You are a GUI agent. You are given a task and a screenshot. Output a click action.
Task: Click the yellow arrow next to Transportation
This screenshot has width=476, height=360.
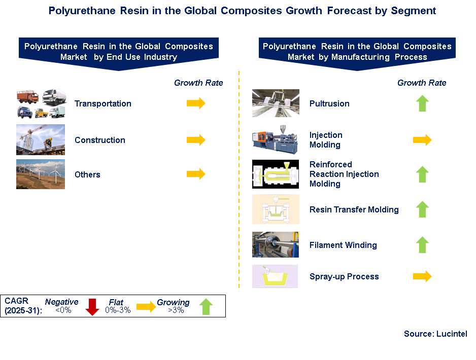[196, 103]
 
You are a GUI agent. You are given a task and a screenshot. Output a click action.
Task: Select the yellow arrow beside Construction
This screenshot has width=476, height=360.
[196, 140]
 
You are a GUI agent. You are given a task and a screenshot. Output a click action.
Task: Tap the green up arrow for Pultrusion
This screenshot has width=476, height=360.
[422, 103]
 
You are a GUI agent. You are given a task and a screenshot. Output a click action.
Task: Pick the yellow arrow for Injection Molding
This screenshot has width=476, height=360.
[422, 140]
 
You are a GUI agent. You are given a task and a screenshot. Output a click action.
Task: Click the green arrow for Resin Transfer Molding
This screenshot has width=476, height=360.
[422, 209]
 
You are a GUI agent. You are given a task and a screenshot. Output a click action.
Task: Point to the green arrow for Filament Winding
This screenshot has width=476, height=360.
[422, 245]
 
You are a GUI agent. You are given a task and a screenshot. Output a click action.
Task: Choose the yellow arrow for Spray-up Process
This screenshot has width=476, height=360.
[422, 276]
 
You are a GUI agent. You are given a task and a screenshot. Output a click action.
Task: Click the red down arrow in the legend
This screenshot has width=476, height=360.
[92, 307]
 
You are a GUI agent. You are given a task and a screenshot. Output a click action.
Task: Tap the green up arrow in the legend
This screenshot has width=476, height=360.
[206, 307]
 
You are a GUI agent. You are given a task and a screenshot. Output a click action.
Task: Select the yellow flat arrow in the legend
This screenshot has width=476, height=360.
[146, 307]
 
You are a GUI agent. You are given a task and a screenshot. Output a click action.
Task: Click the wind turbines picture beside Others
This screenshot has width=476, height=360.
[41, 174]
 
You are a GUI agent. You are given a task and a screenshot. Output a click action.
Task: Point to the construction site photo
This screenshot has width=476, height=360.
[41, 139]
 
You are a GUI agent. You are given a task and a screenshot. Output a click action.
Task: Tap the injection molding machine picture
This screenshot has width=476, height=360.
[275, 139]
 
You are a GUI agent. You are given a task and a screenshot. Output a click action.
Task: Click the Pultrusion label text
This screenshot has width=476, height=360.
[329, 104]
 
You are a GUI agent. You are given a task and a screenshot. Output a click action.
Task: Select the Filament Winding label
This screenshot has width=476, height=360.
[343, 245]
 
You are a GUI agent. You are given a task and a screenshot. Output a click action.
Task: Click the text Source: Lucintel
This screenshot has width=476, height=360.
[435, 334]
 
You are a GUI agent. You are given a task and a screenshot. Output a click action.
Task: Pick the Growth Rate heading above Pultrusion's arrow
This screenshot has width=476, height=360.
[422, 83]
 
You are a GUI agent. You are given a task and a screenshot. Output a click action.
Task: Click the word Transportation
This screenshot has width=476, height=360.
[103, 104]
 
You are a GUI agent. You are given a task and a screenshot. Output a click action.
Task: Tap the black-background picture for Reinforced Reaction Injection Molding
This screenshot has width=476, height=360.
[276, 174]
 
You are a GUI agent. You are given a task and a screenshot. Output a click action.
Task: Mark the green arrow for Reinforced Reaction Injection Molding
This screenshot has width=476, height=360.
[422, 174]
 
